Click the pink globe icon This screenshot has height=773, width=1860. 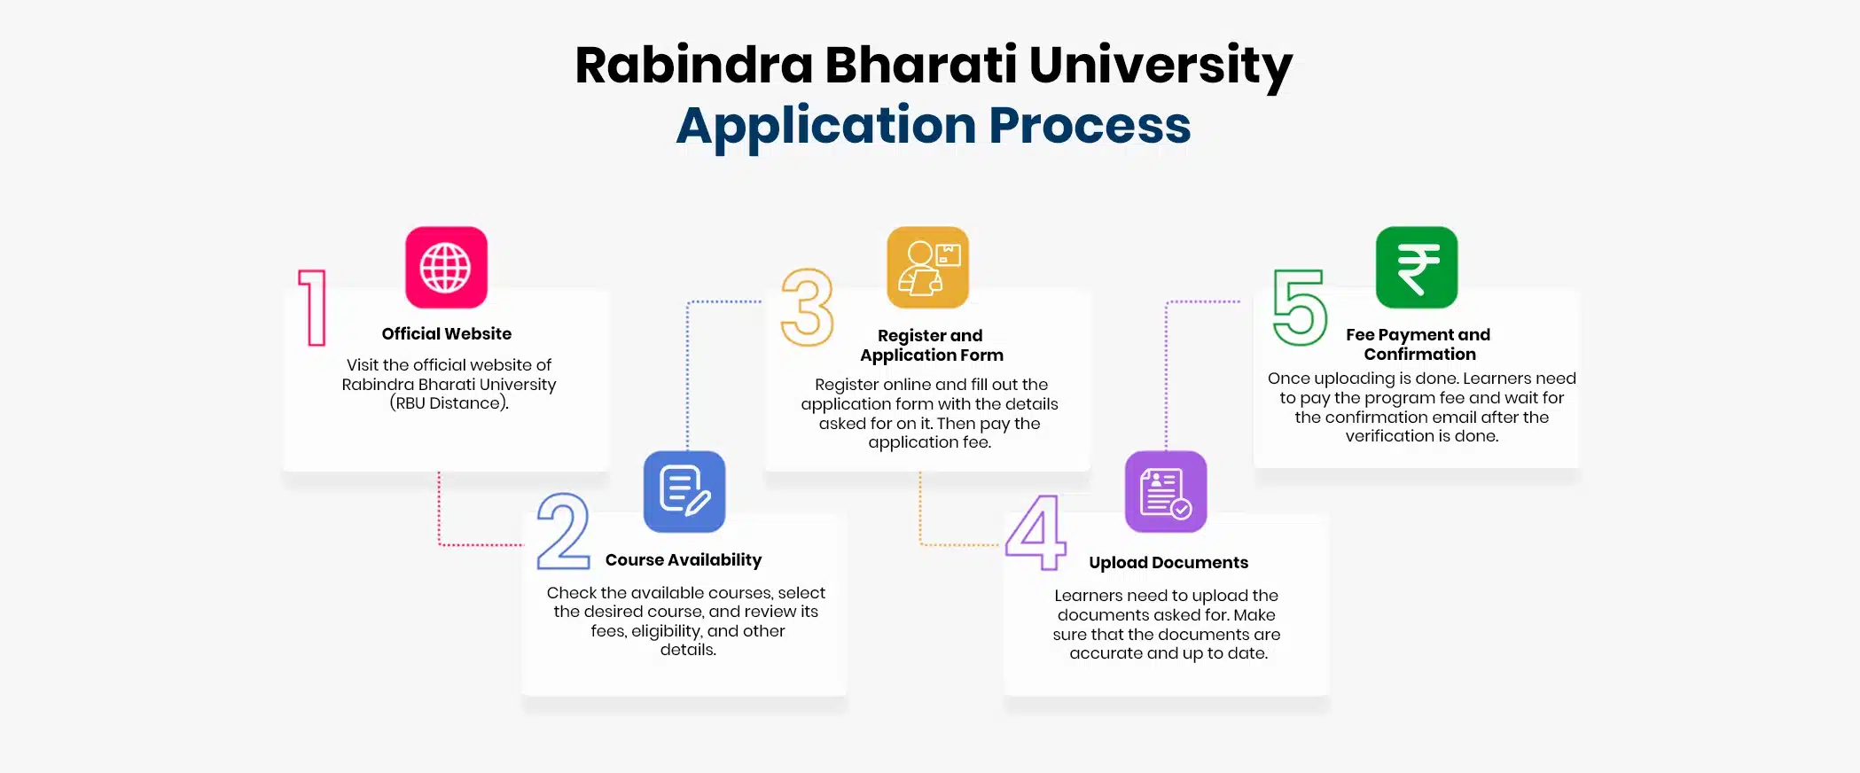[446, 268]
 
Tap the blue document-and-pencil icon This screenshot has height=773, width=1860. [684, 492]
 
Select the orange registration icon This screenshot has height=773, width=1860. [927, 268]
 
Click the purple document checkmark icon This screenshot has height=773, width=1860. [1166, 492]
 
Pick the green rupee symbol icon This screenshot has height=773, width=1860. [1417, 268]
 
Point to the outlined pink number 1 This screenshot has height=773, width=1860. [313, 307]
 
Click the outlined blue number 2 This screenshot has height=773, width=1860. [563, 531]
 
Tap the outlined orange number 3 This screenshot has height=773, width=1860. [808, 307]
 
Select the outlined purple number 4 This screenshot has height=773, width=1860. [1036, 532]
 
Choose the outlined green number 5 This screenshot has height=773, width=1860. [1300, 307]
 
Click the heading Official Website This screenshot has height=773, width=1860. [446, 334]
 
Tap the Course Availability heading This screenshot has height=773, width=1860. [684, 560]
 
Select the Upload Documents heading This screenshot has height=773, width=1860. [1168, 563]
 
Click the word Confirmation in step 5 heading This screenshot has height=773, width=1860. [1419, 355]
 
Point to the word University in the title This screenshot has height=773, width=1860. [1161, 66]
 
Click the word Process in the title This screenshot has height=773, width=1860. [1090, 126]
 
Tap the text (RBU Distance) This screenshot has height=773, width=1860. [449, 403]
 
